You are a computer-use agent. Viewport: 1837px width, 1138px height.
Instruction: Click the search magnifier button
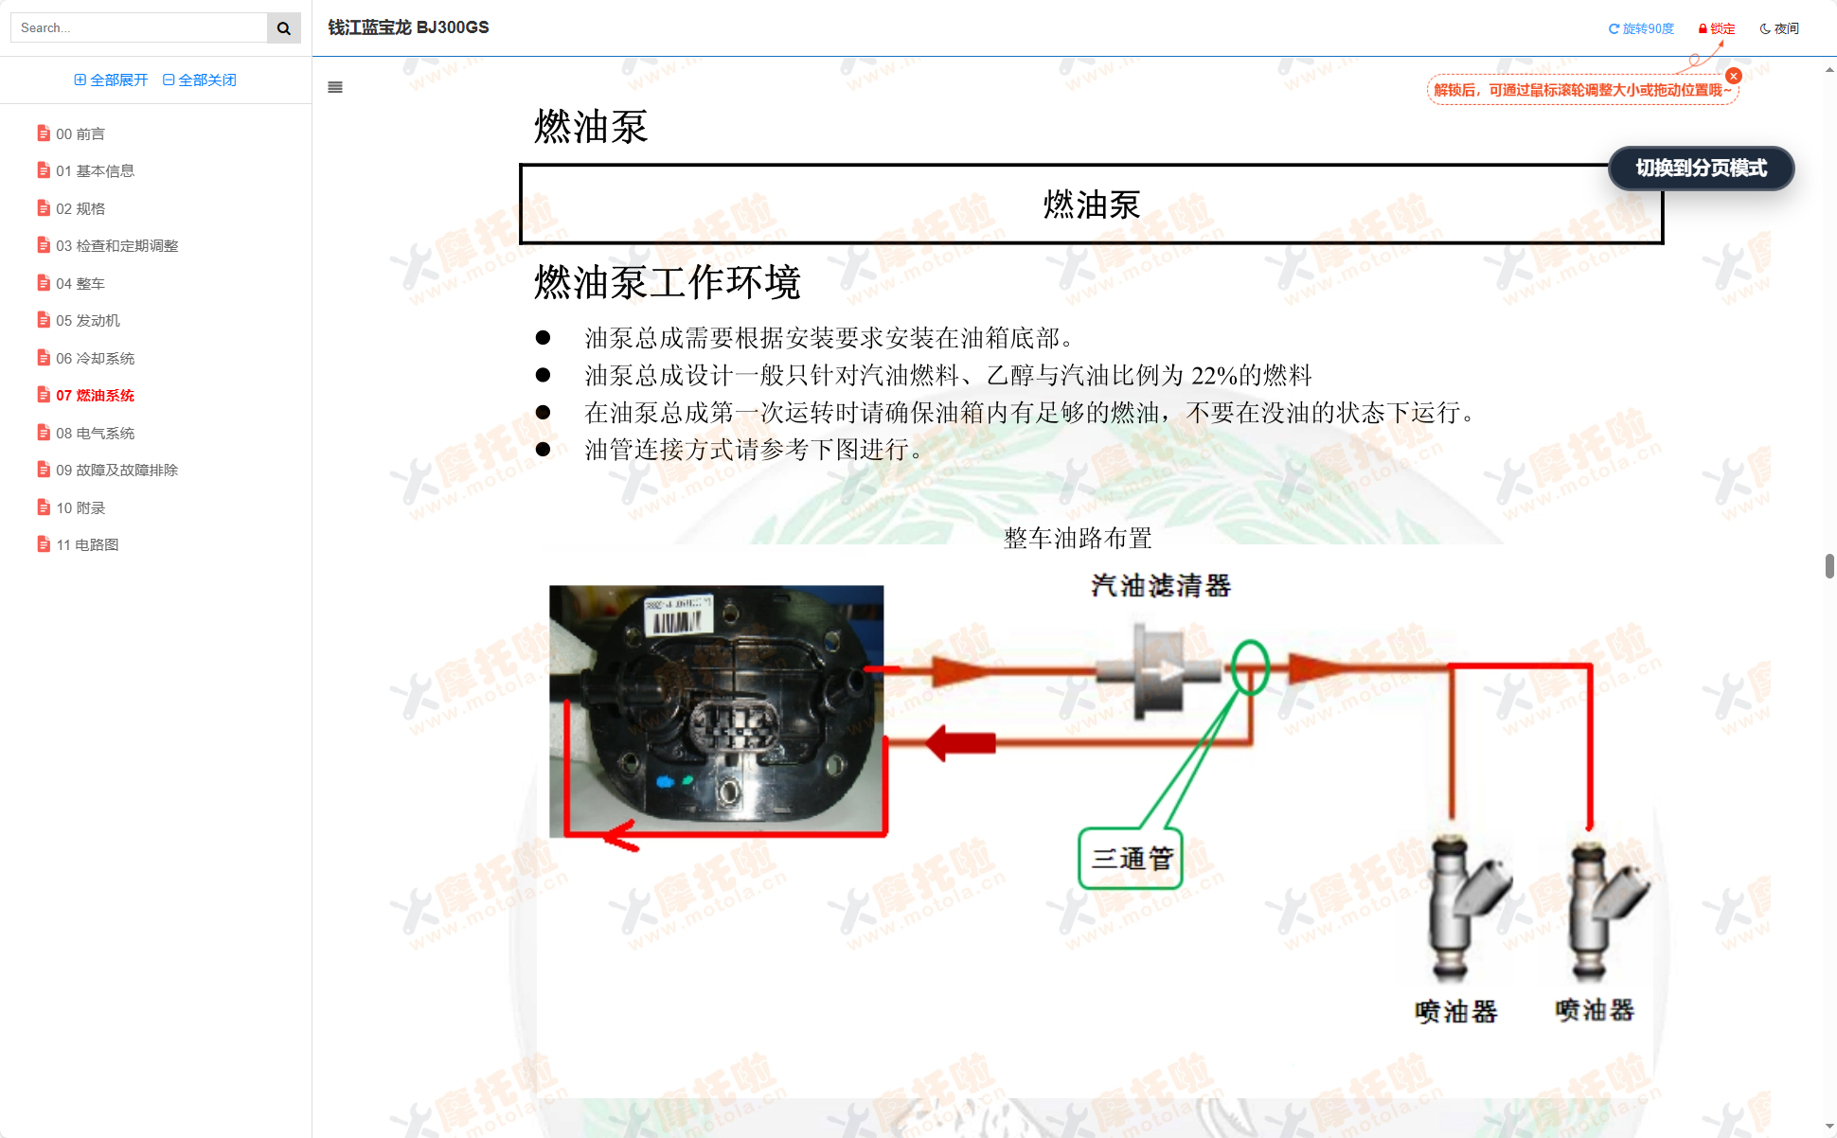tap(283, 28)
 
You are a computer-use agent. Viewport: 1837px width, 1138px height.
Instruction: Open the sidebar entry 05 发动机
tap(87, 321)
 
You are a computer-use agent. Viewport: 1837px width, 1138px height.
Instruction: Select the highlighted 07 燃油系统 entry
tap(95, 396)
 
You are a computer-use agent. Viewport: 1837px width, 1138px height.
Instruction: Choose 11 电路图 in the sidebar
tap(86, 545)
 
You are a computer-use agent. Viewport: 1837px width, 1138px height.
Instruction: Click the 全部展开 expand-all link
tap(112, 80)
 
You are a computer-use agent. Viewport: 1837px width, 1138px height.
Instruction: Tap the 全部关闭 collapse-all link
tap(200, 80)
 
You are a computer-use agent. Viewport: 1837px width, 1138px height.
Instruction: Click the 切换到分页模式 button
tap(1701, 169)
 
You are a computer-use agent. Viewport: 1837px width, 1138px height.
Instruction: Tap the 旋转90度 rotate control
tap(1641, 28)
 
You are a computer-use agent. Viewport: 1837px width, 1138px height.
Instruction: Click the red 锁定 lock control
tap(1717, 28)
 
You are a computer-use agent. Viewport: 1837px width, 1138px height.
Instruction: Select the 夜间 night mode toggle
tap(1779, 28)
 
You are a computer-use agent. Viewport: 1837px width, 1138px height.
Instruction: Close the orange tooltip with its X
tap(1734, 76)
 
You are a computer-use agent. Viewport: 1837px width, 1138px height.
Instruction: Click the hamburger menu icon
tap(335, 87)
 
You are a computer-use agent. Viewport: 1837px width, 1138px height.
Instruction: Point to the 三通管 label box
tap(1132, 859)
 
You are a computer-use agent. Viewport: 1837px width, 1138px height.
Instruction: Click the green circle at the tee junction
tap(1250, 667)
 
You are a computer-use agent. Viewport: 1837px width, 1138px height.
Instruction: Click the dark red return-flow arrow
tap(961, 743)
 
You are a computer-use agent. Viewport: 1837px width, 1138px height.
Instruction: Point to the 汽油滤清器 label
tap(1160, 586)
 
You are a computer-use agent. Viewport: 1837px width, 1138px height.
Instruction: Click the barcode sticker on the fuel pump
tap(677, 615)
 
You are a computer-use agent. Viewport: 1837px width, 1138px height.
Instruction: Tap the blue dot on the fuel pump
tap(665, 782)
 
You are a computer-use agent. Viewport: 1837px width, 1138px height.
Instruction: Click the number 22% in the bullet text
tap(1214, 376)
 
